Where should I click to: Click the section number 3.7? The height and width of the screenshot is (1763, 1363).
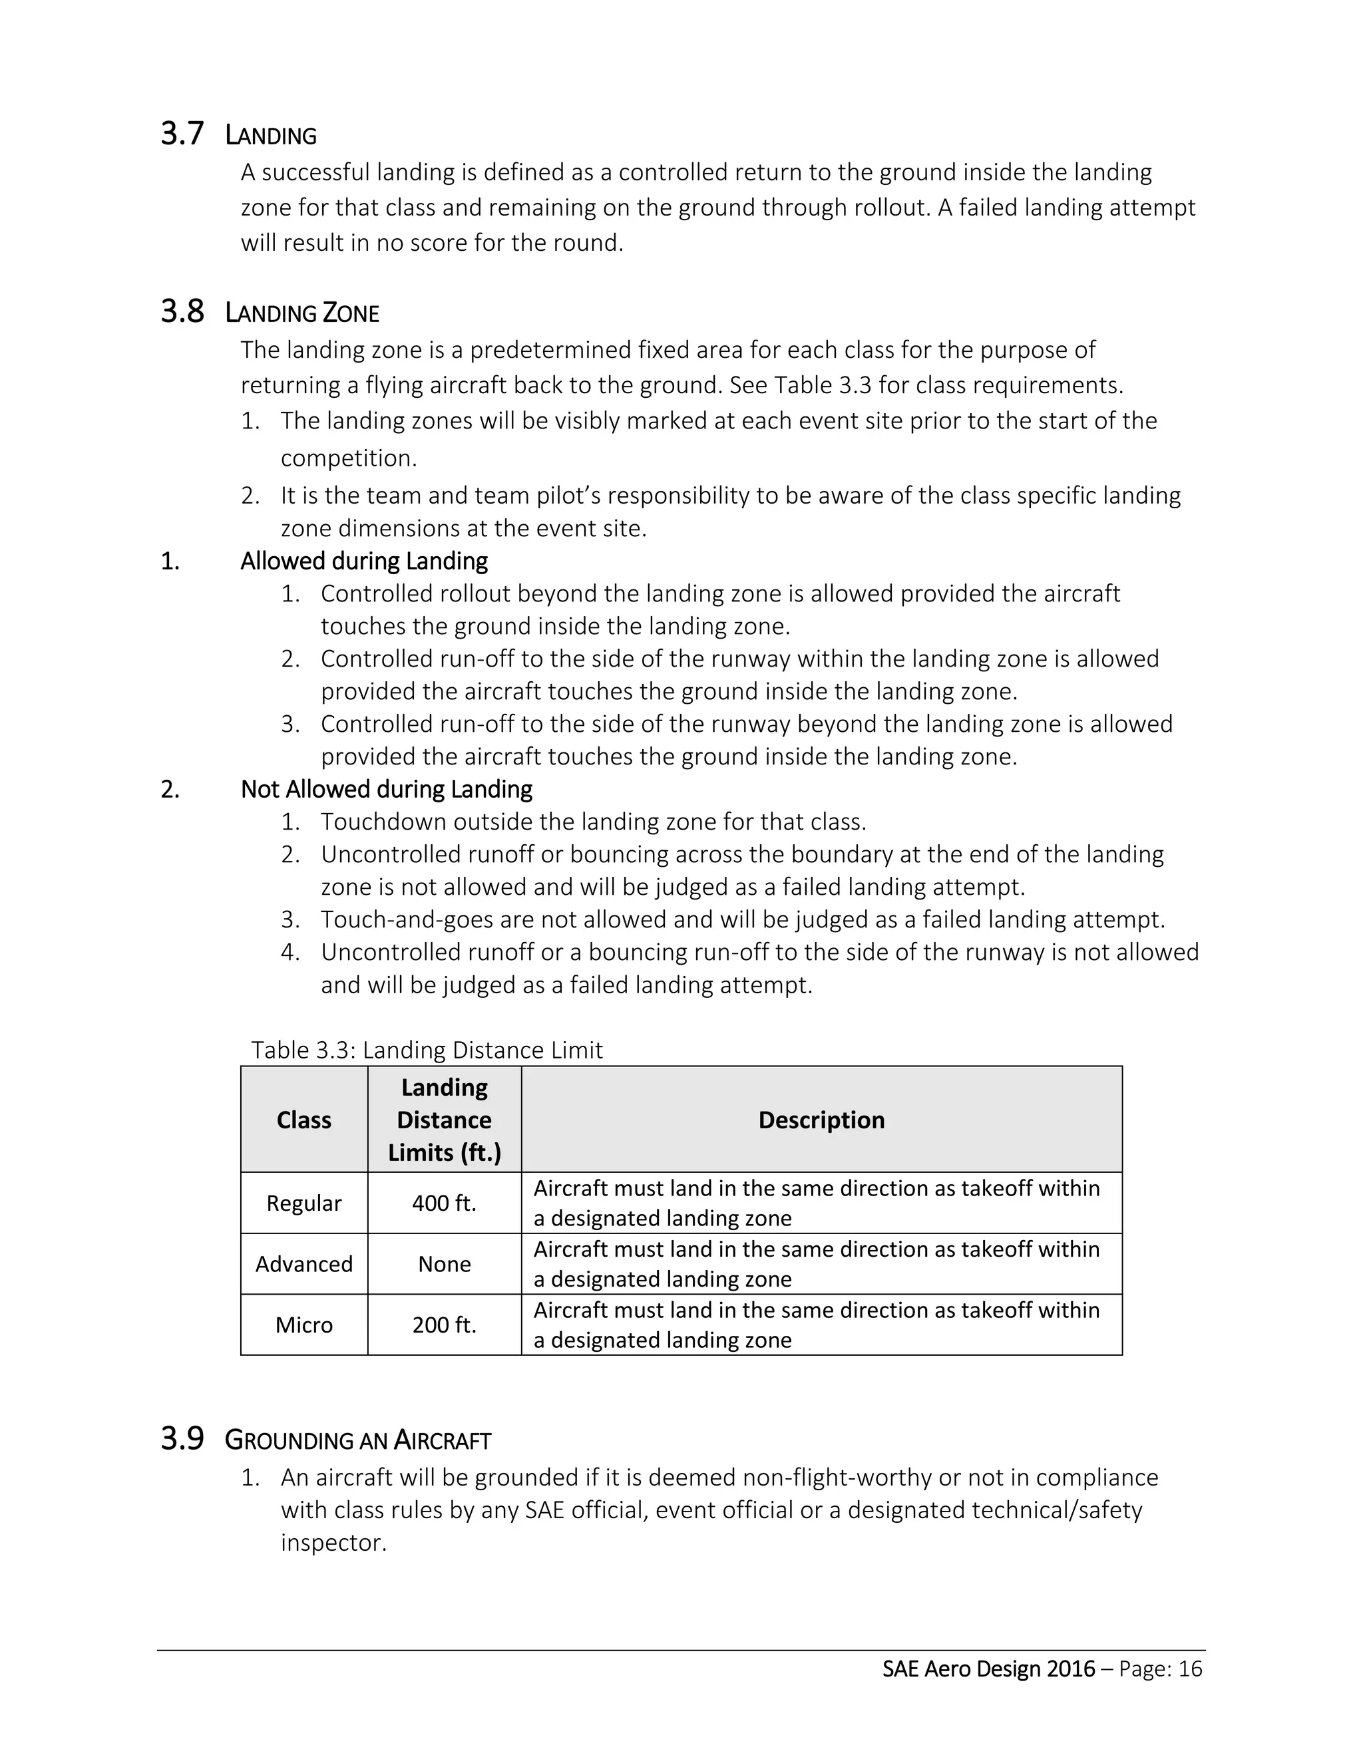(x=182, y=134)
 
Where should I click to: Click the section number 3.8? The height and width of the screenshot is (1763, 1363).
(x=182, y=311)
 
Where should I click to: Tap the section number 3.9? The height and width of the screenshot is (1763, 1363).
(x=182, y=1438)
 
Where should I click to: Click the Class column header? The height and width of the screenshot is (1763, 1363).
(x=303, y=1120)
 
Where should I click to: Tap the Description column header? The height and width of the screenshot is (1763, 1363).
(x=821, y=1120)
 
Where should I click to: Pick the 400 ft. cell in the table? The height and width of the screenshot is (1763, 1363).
(x=444, y=1203)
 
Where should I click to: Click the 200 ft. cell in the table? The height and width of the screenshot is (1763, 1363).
(x=444, y=1325)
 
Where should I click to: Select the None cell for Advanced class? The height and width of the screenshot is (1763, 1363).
(x=444, y=1263)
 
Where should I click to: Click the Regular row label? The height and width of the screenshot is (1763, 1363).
(x=303, y=1203)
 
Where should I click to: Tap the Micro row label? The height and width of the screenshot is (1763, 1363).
(x=303, y=1325)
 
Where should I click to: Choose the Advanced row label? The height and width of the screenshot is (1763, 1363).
(x=303, y=1263)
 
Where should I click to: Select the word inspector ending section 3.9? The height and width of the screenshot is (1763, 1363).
(x=333, y=1543)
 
